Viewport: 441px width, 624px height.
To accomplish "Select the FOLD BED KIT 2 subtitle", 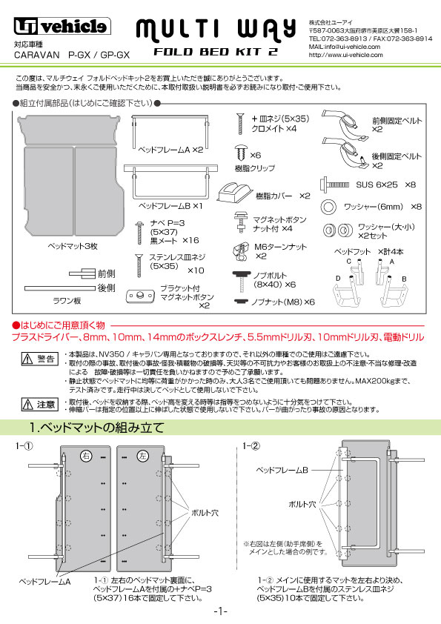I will pos(216,53).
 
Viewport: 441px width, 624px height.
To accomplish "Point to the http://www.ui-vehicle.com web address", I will pos(345,54).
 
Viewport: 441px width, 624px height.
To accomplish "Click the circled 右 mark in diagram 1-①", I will pos(87,455).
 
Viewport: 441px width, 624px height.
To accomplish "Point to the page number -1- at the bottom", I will pos(220,611).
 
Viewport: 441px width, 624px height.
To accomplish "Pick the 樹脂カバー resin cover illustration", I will pos(236,196).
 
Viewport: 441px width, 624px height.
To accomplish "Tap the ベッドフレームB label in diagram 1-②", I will pos(282,471).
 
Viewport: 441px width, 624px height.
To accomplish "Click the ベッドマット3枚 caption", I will pos(69,245).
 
